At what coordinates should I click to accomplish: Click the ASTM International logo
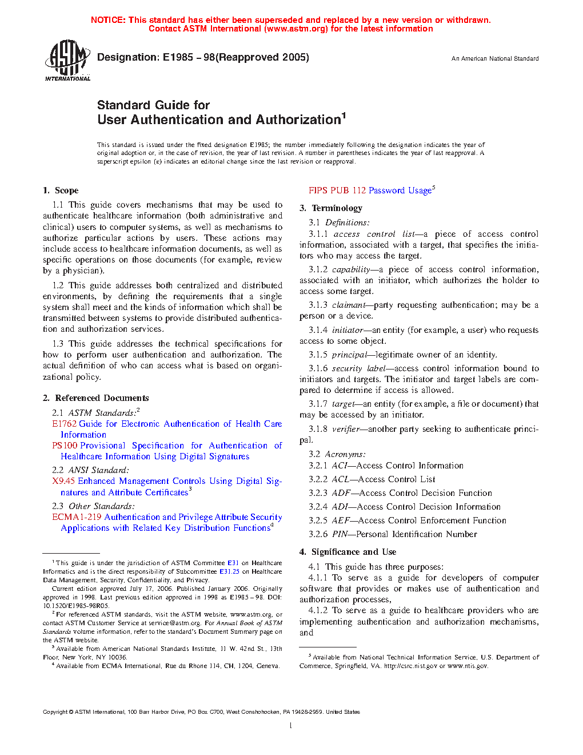[x=67, y=59]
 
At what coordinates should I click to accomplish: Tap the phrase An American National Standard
[x=495, y=58]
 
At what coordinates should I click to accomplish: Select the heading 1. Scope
[x=61, y=190]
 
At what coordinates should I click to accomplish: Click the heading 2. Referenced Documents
[x=95, y=398]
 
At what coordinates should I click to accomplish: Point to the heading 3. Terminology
[x=331, y=208]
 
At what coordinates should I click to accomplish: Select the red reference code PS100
[x=65, y=446]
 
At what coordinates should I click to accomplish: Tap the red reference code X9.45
[x=63, y=481]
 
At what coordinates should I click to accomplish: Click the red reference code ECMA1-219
[x=77, y=517]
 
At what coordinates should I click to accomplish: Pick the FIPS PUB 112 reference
[x=337, y=190]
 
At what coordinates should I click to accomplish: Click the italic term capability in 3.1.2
[x=351, y=269]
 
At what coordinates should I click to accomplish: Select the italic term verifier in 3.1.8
[x=346, y=429]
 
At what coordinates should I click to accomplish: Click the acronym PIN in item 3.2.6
[x=340, y=534]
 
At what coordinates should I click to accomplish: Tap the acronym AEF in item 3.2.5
[x=341, y=520]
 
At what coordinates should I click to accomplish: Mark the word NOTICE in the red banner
[x=108, y=20]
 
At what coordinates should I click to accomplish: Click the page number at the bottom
[x=291, y=726]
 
